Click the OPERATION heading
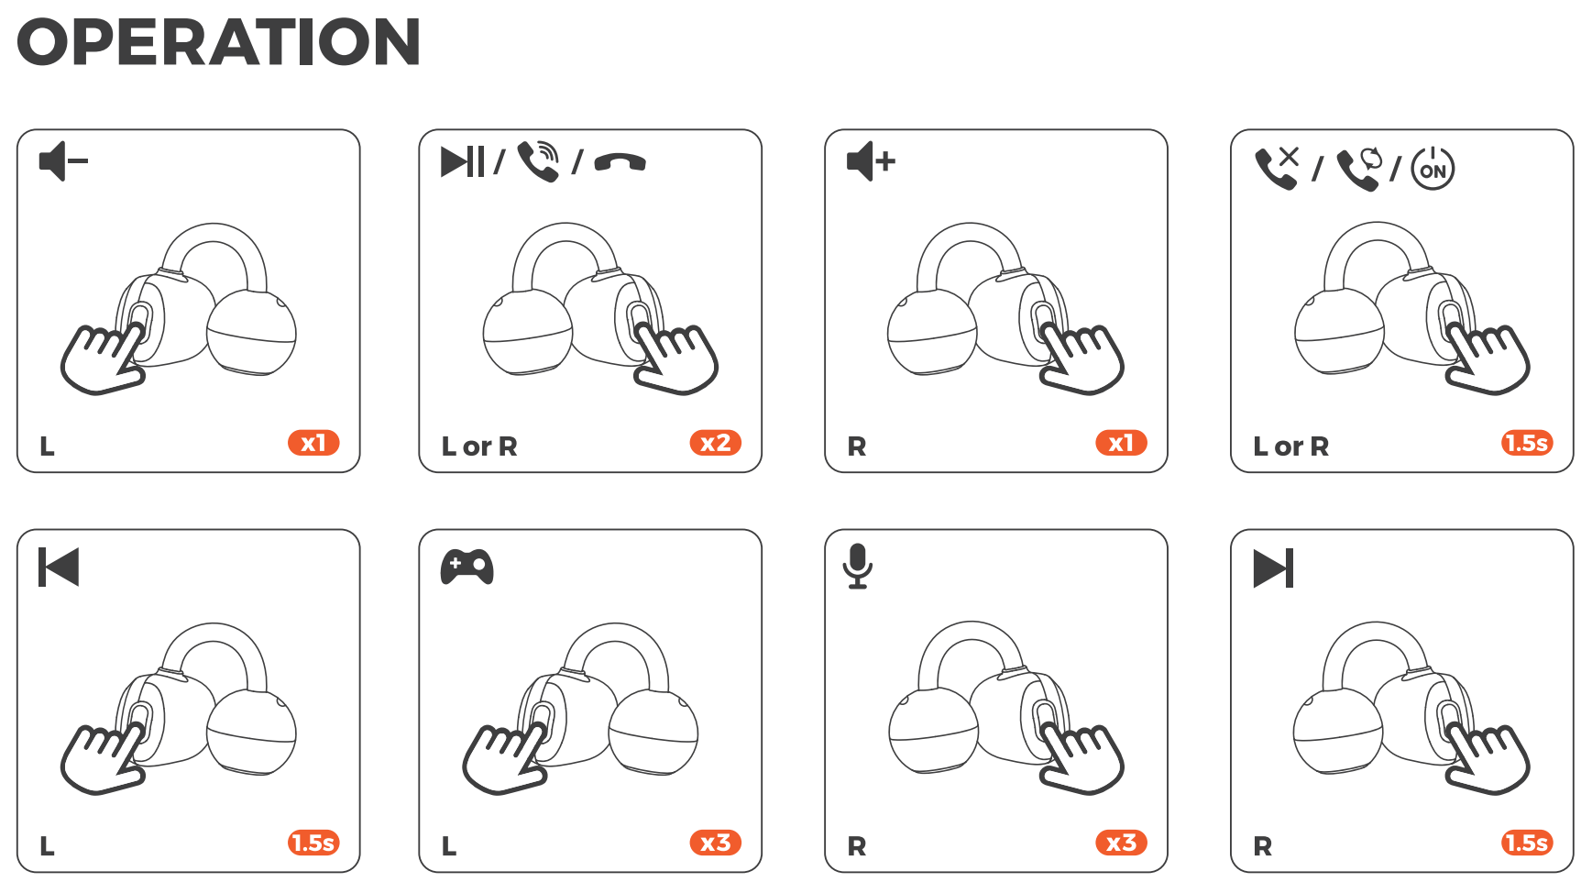[x=219, y=42]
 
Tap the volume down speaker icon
[x=63, y=161]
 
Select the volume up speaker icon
[x=871, y=161]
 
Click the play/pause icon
[x=462, y=161]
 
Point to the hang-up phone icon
[x=620, y=162]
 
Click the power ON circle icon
[x=1433, y=169]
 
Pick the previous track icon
[x=59, y=567]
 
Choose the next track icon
[x=1273, y=568]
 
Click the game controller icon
[x=467, y=567]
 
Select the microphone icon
[x=858, y=566]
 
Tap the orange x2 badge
[x=715, y=443]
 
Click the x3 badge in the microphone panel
[x=1121, y=843]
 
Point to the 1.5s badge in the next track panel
[x=1527, y=843]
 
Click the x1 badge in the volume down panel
[x=313, y=443]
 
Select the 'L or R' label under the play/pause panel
[x=479, y=446]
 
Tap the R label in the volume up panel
[x=857, y=446]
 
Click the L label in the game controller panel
[x=449, y=846]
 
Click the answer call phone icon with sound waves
[x=539, y=161]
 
